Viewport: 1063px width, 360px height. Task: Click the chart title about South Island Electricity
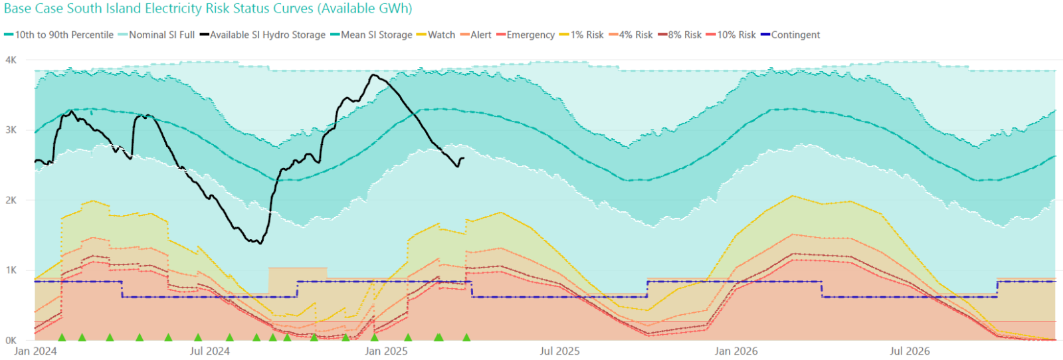tap(208, 9)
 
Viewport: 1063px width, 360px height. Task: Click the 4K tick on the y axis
tap(11, 60)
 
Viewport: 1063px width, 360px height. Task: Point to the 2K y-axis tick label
tap(11, 200)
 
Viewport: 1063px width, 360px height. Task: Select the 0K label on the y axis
tap(11, 340)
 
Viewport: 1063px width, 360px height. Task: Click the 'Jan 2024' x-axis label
tap(35, 351)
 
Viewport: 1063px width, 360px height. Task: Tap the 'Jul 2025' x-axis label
tap(559, 351)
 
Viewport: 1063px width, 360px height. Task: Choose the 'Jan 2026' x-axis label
tap(735, 351)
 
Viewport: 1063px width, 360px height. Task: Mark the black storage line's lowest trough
tap(260, 243)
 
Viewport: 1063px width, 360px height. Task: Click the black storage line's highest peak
tap(373, 75)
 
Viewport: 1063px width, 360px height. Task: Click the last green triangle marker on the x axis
tap(466, 337)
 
